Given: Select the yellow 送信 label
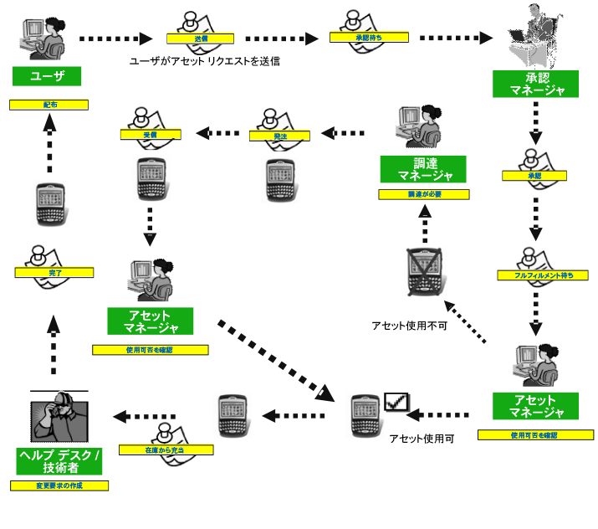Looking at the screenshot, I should point(201,39).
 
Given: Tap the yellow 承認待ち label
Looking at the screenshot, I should point(369,37).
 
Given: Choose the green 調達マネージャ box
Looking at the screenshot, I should point(422,169).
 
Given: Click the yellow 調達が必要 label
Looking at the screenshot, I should point(424,194).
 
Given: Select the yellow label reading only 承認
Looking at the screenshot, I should point(534,176).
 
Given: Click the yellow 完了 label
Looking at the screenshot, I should point(54,273).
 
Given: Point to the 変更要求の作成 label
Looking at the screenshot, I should point(59,485).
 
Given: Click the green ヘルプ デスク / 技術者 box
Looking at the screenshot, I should point(59,461).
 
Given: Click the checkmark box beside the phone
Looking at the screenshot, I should point(395,403).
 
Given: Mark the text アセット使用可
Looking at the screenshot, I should point(422,438).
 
